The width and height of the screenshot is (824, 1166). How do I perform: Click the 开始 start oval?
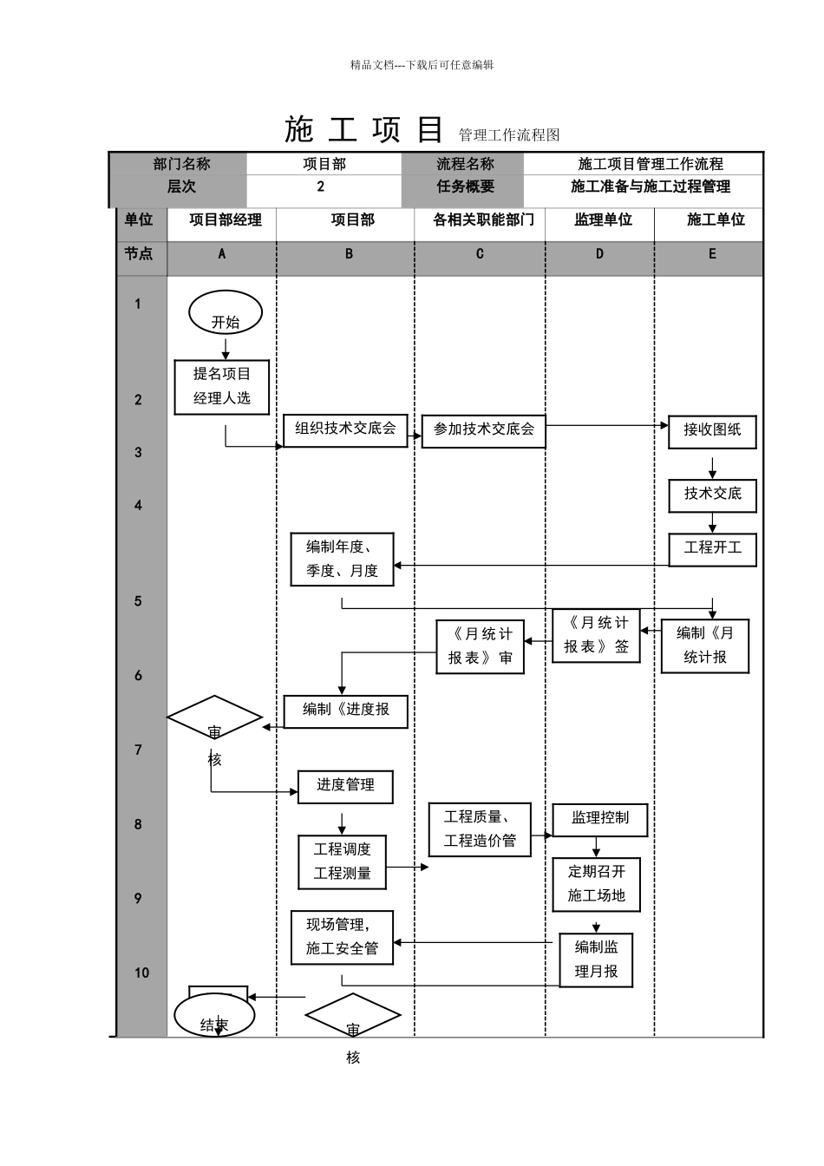(226, 313)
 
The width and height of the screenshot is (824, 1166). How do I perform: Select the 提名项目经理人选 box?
(222, 387)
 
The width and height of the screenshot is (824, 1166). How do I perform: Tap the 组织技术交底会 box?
(345, 429)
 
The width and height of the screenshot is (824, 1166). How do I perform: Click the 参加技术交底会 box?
(484, 430)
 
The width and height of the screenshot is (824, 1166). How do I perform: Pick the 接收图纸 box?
(712, 431)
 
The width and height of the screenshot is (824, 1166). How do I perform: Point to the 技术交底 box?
(712, 495)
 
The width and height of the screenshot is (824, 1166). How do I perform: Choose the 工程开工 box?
(712, 548)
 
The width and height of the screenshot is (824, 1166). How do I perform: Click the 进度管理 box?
(345, 786)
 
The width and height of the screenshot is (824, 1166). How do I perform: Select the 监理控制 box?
(600, 819)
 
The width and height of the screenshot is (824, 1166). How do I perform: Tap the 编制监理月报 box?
(596, 960)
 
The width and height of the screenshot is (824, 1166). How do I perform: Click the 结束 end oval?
(214, 1016)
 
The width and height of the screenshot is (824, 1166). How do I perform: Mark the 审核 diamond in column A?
(214, 718)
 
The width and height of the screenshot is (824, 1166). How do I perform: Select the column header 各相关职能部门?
(483, 220)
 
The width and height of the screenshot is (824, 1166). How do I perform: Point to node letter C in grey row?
(480, 254)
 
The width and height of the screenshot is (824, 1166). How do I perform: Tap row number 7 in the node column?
(138, 750)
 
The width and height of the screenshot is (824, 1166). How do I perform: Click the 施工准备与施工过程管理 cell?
(650, 187)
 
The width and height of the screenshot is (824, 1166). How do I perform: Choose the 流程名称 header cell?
(465, 164)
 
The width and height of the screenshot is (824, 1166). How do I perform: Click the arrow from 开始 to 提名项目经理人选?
(226, 348)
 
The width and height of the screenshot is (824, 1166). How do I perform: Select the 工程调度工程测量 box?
(342, 861)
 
